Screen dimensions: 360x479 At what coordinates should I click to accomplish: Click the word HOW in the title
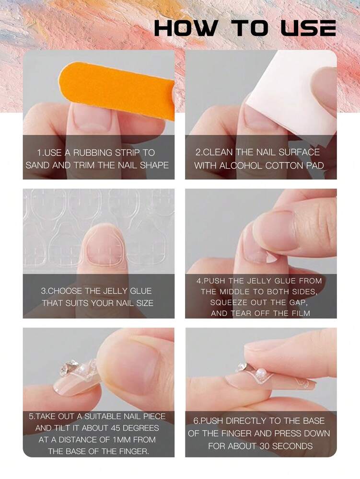pos(186,28)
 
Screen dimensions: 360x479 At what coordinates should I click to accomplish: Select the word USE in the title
pos(308,28)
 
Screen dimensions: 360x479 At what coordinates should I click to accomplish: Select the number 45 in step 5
pos(116,428)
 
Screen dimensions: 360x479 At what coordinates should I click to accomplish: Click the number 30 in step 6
pos(264,446)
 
